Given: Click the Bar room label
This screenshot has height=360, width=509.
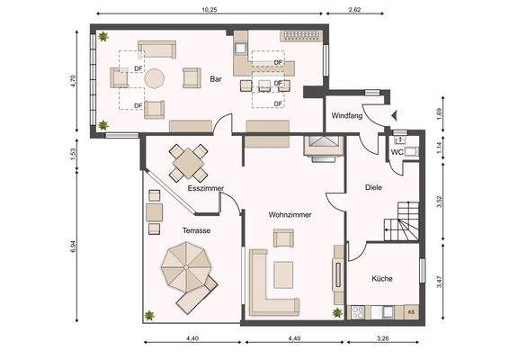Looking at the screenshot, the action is point(216,79).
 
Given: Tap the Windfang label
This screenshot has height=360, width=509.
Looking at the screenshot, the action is point(347,115).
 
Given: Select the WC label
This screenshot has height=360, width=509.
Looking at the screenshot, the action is point(397,152).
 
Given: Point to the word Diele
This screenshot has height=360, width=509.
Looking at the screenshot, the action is point(373,187).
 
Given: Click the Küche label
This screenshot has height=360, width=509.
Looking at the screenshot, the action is point(382,278).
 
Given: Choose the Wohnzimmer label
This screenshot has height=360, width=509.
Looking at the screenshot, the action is point(290,215).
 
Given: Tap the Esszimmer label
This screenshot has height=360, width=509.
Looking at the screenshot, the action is point(206,188).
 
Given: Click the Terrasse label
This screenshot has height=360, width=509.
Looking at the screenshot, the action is point(196,230).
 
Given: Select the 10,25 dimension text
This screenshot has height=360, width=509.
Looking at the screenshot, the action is point(210,10).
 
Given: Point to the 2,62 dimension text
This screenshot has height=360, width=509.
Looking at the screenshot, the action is point(354,10).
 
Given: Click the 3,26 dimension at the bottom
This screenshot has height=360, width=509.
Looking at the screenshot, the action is point(383,338).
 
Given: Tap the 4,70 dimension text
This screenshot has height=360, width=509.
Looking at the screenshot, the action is point(73,81).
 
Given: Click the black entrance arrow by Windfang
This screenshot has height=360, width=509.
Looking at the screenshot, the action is point(394,115).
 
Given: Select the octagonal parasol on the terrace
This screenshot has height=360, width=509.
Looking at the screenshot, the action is point(185,267).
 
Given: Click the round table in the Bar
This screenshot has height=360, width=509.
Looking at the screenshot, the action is point(155,78).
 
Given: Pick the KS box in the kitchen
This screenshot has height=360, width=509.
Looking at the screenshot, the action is point(411,312).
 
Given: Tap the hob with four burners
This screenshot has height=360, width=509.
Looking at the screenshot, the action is point(358,312).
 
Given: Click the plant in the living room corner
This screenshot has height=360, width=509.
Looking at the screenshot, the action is point(337,312).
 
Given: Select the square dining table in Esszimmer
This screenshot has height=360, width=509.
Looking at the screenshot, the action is point(188,163).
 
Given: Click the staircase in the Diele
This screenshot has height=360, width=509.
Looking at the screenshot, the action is point(402,221).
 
